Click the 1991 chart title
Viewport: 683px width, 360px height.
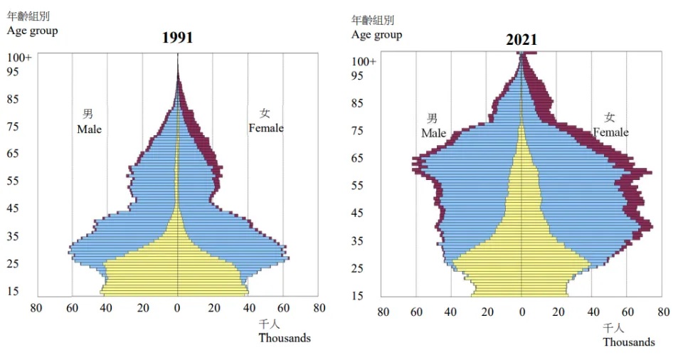click(x=177, y=38)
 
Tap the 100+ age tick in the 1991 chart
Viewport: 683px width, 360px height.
click(x=19, y=57)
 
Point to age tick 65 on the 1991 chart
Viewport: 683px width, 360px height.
click(x=14, y=154)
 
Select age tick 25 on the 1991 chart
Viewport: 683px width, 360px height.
click(x=14, y=264)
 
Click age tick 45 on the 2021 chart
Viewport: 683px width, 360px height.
click(x=358, y=213)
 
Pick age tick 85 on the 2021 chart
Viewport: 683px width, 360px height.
click(x=358, y=103)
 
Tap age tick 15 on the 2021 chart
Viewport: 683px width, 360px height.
click(x=358, y=296)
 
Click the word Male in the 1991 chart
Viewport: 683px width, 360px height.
click(x=90, y=129)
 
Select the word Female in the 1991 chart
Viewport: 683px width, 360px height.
click(x=265, y=128)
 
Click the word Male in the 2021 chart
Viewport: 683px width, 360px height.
click(x=433, y=133)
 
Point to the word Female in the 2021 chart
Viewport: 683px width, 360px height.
click(x=610, y=132)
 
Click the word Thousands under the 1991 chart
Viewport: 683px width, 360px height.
click(x=285, y=338)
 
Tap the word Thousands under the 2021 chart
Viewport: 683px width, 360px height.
click(x=629, y=342)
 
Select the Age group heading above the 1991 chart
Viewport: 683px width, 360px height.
click(x=33, y=31)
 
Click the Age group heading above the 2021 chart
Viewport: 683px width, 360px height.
click(x=376, y=35)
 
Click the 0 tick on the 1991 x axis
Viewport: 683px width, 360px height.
click(x=177, y=308)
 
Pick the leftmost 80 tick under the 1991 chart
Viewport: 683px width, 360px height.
click(x=36, y=308)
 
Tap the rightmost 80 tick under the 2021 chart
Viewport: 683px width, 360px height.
click(x=663, y=312)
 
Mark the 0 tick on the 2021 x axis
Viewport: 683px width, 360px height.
click(x=521, y=312)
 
